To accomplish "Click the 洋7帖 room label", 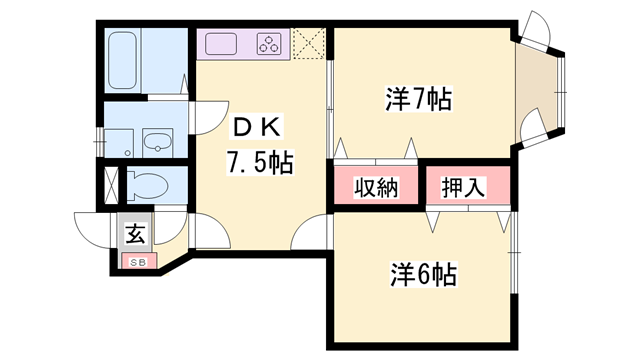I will [x=418, y=99].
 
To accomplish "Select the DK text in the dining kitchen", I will [x=259, y=127].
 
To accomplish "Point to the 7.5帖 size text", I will [x=258, y=163].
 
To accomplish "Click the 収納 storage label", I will [x=375, y=187].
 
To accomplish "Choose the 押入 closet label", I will [x=465, y=187].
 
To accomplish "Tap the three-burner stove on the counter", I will [x=271, y=43].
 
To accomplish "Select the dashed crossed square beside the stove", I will [x=309, y=43].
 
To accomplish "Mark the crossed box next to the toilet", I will [x=111, y=187].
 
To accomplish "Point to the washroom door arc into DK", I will [x=204, y=115].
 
